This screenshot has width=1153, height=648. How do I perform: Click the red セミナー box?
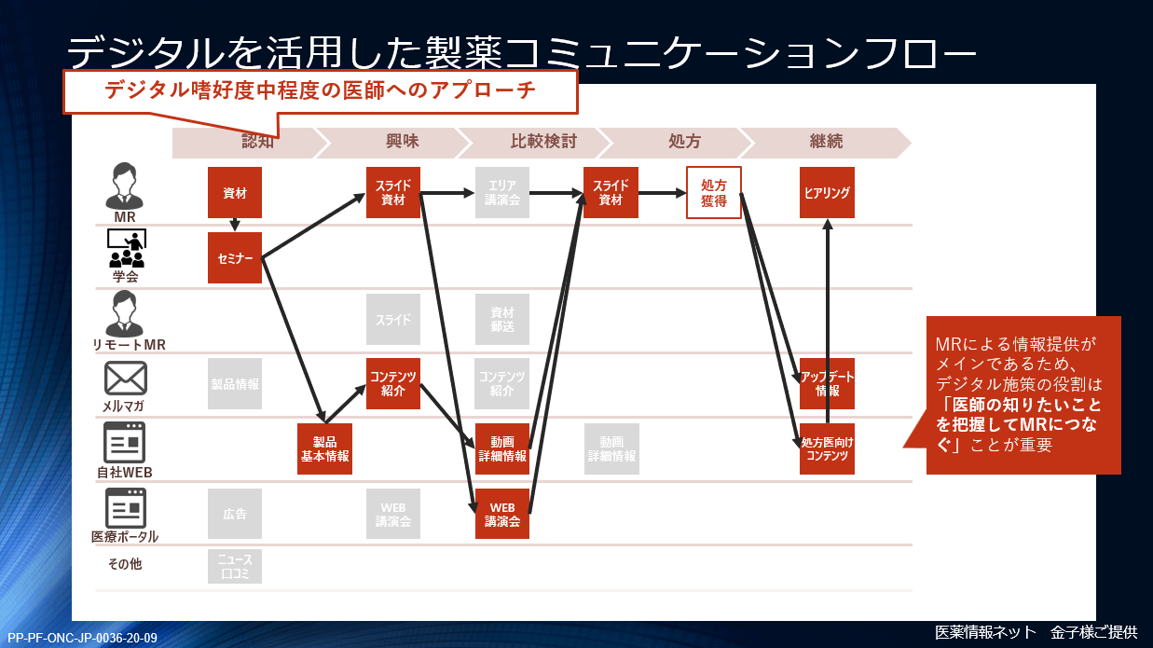(x=235, y=257)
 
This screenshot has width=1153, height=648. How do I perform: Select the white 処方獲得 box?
(x=714, y=192)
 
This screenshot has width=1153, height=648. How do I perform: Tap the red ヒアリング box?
(x=827, y=193)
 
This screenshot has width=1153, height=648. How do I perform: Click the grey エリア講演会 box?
(x=502, y=193)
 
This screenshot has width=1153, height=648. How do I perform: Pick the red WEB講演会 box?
(x=502, y=514)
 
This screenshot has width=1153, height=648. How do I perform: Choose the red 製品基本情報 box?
(x=324, y=449)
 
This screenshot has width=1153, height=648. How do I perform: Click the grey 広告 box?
(x=235, y=514)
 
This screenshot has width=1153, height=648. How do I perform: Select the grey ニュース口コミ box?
(x=235, y=566)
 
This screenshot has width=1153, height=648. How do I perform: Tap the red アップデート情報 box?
(x=827, y=383)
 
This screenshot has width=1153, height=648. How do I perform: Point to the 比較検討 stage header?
(x=543, y=142)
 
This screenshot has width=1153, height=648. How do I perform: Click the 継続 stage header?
(x=827, y=142)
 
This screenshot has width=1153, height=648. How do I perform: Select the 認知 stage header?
(x=257, y=142)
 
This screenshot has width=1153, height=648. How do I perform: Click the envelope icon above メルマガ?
(x=124, y=378)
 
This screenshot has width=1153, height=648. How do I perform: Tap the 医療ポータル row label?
(x=125, y=537)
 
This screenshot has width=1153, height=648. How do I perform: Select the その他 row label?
(x=125, y=564)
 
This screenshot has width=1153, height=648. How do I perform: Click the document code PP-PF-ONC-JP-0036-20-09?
(x=82, y=638)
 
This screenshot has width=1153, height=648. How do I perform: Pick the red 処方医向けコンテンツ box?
(x=827, y=449)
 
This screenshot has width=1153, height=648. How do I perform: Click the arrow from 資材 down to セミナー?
(x=235, y=225)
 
